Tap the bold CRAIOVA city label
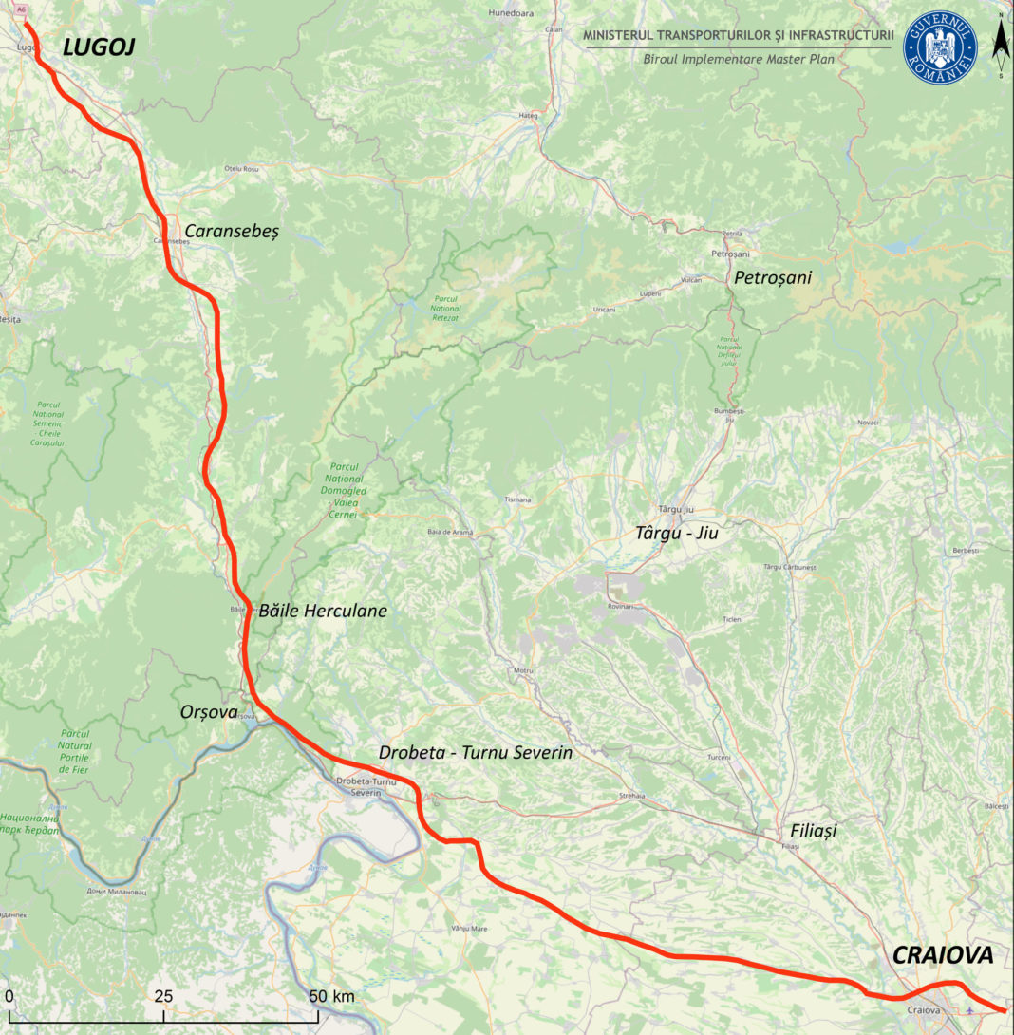pyautogui.click(x=942, y=955)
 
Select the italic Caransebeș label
pyautogui.click(x=232, y=231)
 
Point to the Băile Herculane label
pyautogui.click(x=323, y=611)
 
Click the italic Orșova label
pyautogui.click(x=208, y=711)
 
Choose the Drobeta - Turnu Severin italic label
pyautogui.click(x=476, y=753)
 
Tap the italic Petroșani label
pyautogui.click(x=773, y=277)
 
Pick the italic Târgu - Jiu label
pyautogui.click(x=676, y=534)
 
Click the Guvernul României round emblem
pyautogui.click(x=940, y=47)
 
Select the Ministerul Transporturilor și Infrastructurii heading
pyautogui.click(x=738, y=36)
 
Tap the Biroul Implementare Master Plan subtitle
pyautogui.click(x=738, y=58)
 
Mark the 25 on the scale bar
pyautogui.click(x=163, y=996)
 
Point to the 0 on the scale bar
pyautogui.click(x=9, y=996)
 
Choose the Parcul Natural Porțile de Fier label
pyautogui.click(x=74, y=751)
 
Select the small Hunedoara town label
pyautogui.click(x=512, y=14)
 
